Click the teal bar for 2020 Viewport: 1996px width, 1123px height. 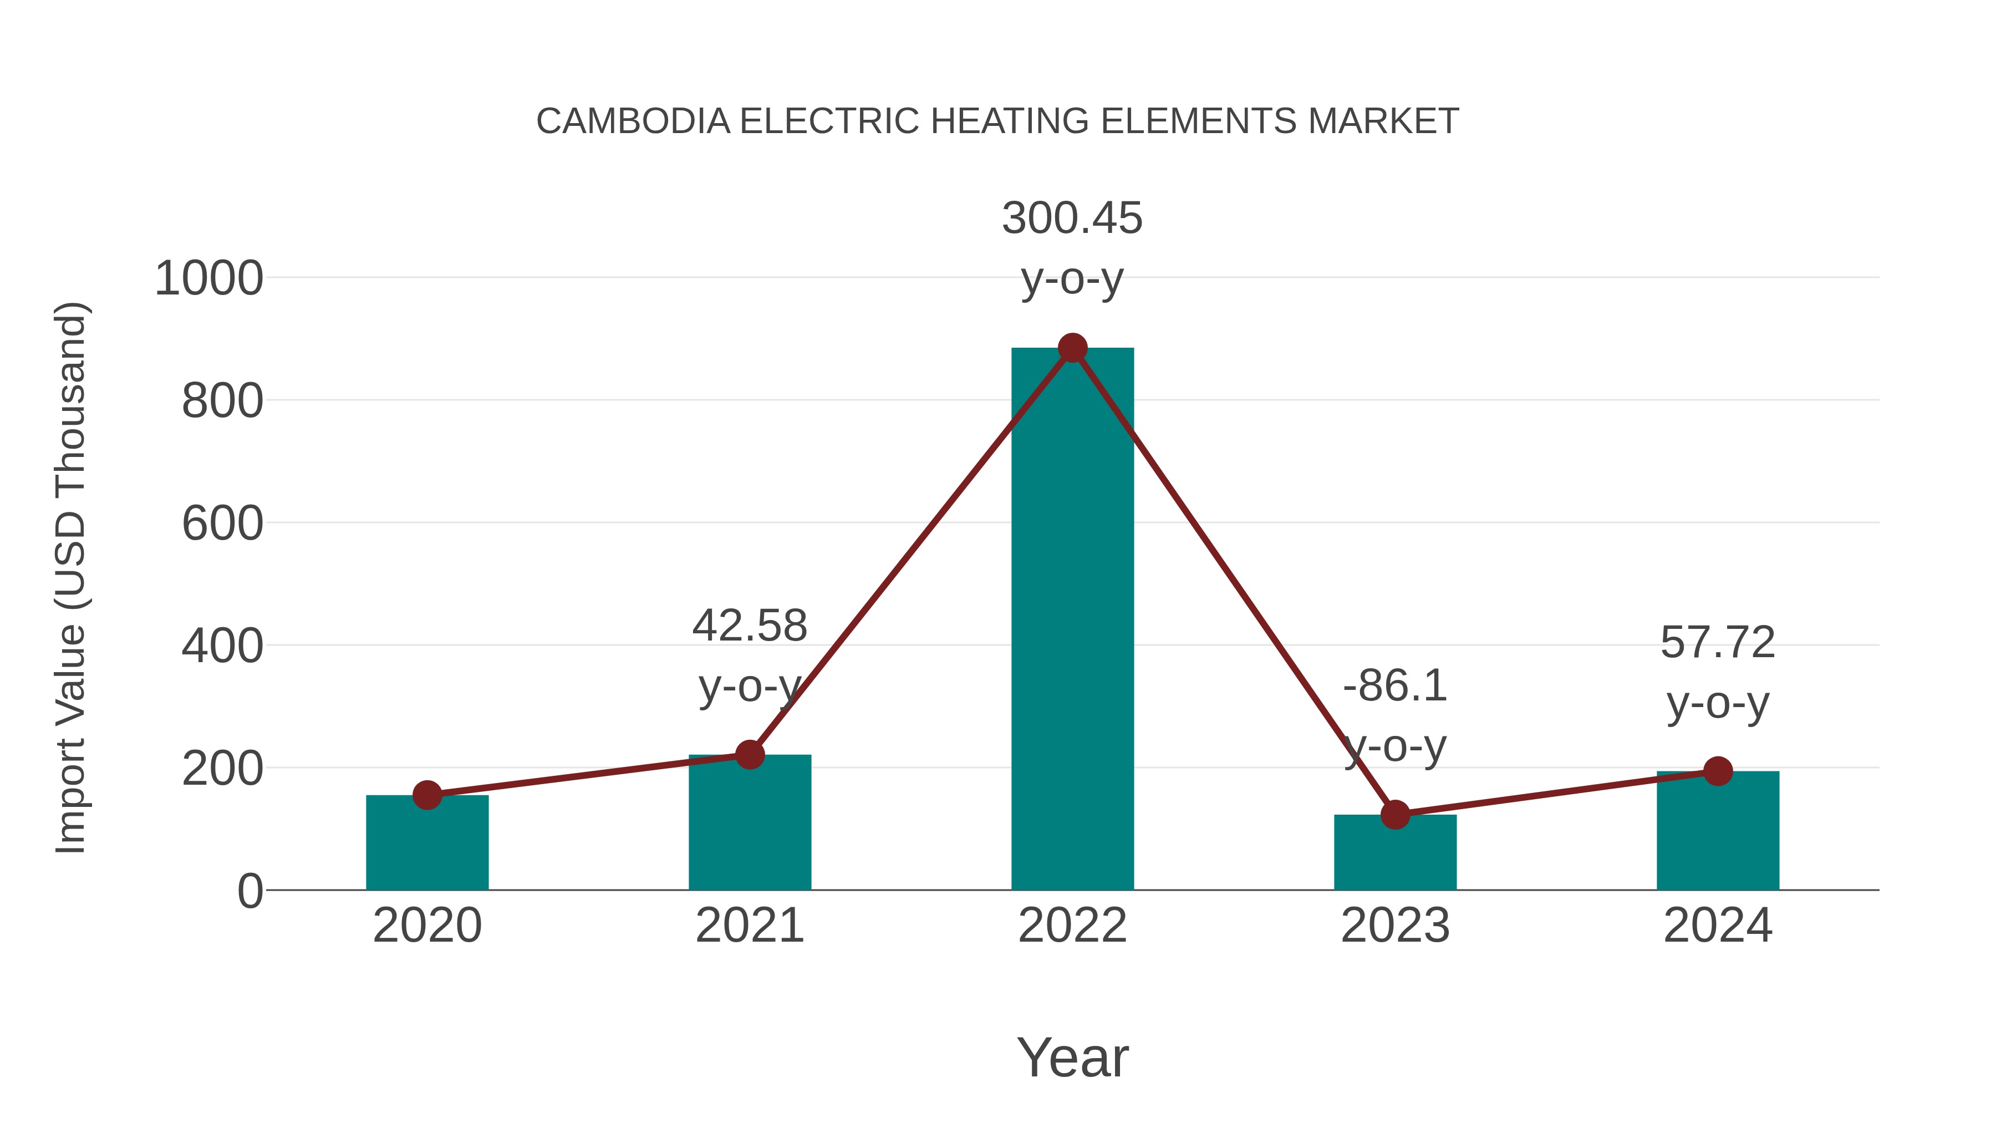(x=427, y=845)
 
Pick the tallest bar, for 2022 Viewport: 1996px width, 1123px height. (x=1072, y=620)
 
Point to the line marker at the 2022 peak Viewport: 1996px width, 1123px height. (x=1072, y=348)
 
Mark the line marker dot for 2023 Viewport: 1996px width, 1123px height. (x=1395, y=815)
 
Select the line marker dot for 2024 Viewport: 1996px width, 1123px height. (x=1718, y=771)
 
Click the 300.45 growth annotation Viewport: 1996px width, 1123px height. (x=1072, y=218)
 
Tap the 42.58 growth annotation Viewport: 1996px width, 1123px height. (x=749, y=626)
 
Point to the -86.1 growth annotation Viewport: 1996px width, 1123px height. (x=1395, y=687)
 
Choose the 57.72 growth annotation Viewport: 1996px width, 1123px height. (x=1718, y=643)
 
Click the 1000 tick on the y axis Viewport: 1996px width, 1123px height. (x=209, y=279)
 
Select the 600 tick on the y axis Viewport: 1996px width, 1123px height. (x=222, y=524)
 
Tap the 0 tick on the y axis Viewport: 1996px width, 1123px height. (x=250, y=891)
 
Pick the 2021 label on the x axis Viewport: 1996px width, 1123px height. (x=749, y=926)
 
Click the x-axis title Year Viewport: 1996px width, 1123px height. (x=1072, y=1058)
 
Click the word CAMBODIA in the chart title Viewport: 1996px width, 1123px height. (x=633, y=121)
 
